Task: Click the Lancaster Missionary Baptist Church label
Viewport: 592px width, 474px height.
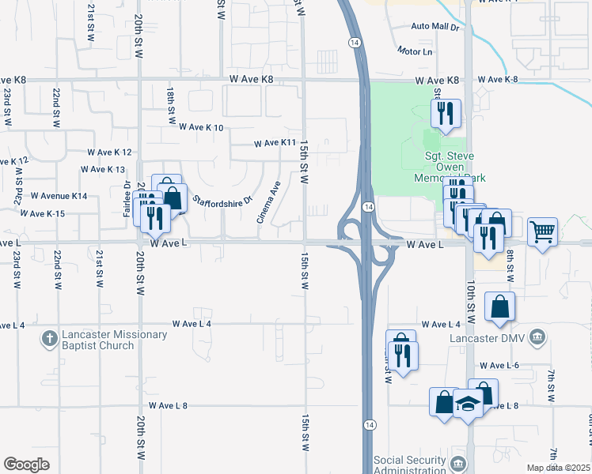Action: coord(106,340)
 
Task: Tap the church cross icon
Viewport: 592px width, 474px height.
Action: coord(49,340)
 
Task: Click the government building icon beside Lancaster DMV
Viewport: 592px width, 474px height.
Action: coord(537,339)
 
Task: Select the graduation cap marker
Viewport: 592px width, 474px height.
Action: coord(468,404)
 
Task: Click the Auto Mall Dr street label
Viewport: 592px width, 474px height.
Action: coord(435,27)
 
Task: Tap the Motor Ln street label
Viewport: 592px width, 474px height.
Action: coord(416,52)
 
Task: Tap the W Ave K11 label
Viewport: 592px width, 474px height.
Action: coord(274,144)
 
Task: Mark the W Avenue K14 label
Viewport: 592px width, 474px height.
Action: coord(59,195)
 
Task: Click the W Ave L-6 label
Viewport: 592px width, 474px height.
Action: coord(499,366)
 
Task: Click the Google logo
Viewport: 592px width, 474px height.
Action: coord(26,465)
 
